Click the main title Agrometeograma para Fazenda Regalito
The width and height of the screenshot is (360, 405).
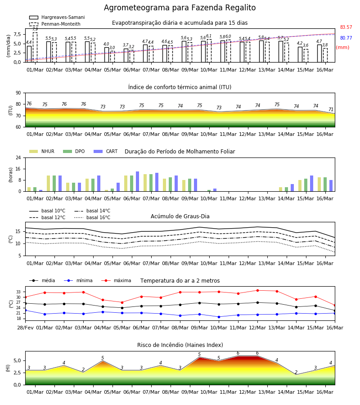[180, 8]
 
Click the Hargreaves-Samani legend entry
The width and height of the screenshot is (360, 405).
[57, 17]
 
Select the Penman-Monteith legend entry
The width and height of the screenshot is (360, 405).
[55, 24]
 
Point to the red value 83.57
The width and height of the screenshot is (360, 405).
[346, 27]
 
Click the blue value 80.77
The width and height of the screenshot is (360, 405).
[346, 38]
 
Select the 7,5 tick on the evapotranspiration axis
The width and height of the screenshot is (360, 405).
[17, 34]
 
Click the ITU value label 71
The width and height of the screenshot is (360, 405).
[331, 109]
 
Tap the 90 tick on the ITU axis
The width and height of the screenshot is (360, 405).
[18, 93]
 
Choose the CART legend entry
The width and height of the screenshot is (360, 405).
[106, 151]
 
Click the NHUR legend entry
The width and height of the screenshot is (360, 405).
[42, 151]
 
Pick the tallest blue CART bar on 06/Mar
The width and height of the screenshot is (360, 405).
[137, 181]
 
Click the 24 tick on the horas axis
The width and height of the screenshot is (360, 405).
[18, 157]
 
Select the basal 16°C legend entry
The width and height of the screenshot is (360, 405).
[92, 217]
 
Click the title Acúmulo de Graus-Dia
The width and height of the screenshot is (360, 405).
[180, 216]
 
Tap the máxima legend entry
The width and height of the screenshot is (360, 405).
[117, 280]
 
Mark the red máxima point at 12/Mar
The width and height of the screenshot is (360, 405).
[257, 290]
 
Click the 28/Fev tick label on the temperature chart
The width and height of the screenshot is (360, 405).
[25, 328]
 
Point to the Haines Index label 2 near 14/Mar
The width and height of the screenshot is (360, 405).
[296, 373]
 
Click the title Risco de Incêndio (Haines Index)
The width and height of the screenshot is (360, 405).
[180, 345]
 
